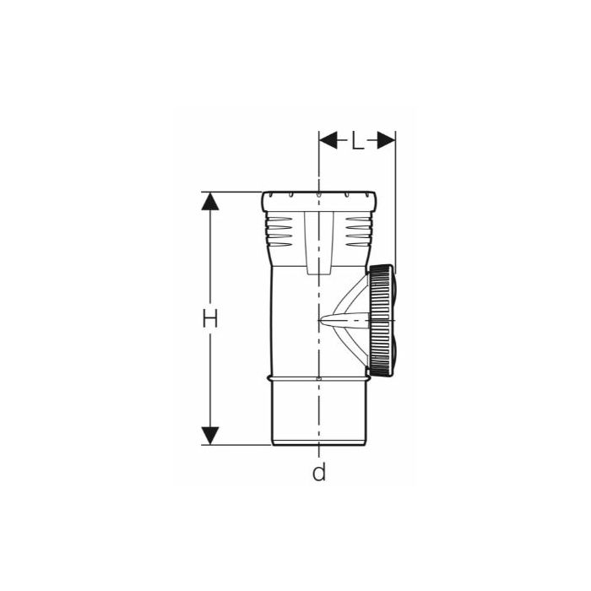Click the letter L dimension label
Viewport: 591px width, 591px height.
(358, 141)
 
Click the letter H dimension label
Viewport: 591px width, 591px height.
(210, 318)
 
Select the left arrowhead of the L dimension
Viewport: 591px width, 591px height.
(328, 140)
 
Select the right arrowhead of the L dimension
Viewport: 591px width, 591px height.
(387, 140)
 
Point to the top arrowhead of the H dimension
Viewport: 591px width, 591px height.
(210, 201)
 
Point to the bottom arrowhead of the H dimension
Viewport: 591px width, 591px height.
(210, 436)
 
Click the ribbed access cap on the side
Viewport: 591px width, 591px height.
(382, 320)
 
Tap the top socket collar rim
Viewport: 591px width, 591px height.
(319, 201)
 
